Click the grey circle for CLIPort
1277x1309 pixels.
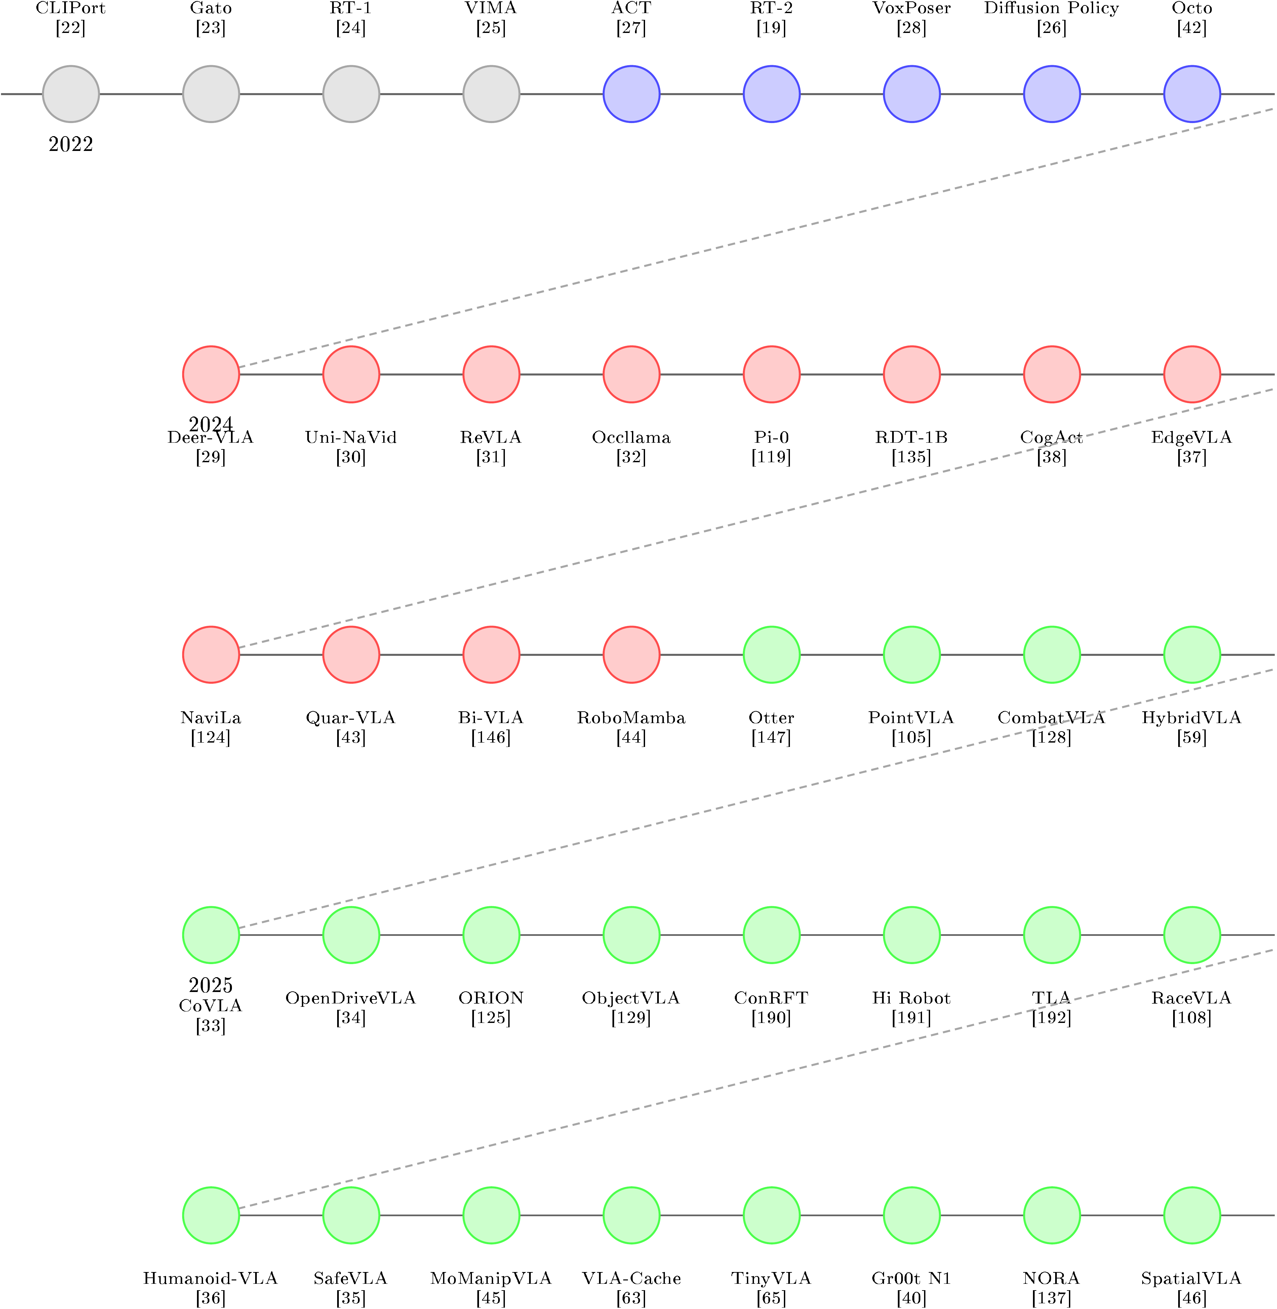point(71,94)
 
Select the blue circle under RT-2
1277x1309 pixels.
point(771,94)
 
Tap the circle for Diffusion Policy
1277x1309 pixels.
point(1052,94)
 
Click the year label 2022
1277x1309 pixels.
point(71,144)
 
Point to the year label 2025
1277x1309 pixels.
point(211,985)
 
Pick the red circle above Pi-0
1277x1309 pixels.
point(771,374)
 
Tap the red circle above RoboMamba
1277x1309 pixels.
point(631,654)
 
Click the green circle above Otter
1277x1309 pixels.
point(771,654)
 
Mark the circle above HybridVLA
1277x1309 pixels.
point(1192,654)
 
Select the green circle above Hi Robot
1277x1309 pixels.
point(912,935)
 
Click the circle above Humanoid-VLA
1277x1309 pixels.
point(211,1215)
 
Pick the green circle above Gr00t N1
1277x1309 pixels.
point(912,1215)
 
